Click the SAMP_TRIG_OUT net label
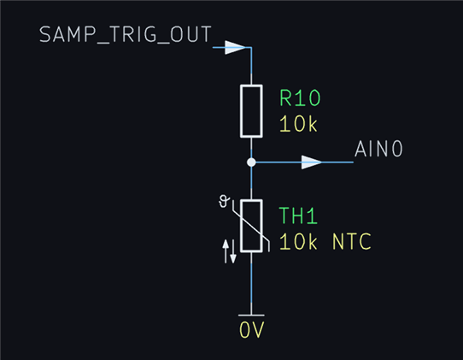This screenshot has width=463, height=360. coord(126,35)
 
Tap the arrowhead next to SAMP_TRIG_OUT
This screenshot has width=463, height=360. coord(235,47)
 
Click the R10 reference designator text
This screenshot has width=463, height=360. coord(300,97)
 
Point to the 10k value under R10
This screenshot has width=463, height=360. coord(298,123)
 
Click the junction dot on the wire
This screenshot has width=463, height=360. coord(251,162)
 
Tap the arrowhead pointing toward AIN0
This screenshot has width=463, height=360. coord(312,162)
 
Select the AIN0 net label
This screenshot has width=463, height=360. coord(378,149)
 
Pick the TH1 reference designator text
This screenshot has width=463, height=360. coord(298,215)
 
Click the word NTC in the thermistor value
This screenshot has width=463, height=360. coord(352,241)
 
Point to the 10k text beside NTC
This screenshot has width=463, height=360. coord(298,241)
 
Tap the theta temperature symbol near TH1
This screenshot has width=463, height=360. coord(224,201)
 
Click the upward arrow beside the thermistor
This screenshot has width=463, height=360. coord(226,251)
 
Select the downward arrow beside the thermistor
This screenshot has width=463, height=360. coord(233,251)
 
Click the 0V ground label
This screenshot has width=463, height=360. coord(252,330)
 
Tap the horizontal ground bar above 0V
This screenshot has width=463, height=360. coord(251,316)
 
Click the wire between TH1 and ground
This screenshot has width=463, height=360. coord(251,284)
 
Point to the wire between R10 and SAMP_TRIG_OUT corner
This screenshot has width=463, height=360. coord(251,66)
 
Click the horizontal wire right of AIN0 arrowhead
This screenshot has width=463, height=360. coord(337,162)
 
